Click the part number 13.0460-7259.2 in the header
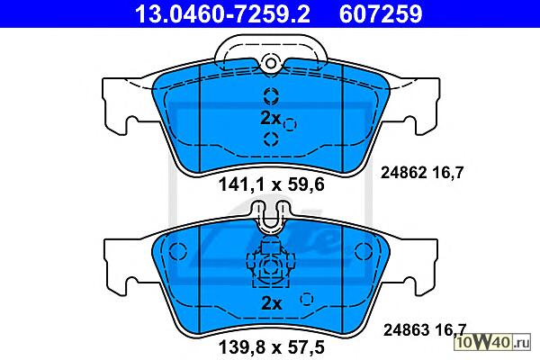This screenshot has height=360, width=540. pos(222,13)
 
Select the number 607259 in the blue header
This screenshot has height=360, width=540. pos(381,13)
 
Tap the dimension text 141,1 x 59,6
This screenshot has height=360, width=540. pos(272,184)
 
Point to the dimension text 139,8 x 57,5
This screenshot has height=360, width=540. pos(272,347)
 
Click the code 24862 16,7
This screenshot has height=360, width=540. pos(422,172)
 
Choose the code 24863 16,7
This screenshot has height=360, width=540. pos(425,329)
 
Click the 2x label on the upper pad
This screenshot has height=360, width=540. pos(271,118)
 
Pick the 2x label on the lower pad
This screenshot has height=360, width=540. pos(272,303)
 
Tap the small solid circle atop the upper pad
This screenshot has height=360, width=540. pos(271,63)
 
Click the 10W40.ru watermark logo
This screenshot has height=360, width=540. pos(492,342)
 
